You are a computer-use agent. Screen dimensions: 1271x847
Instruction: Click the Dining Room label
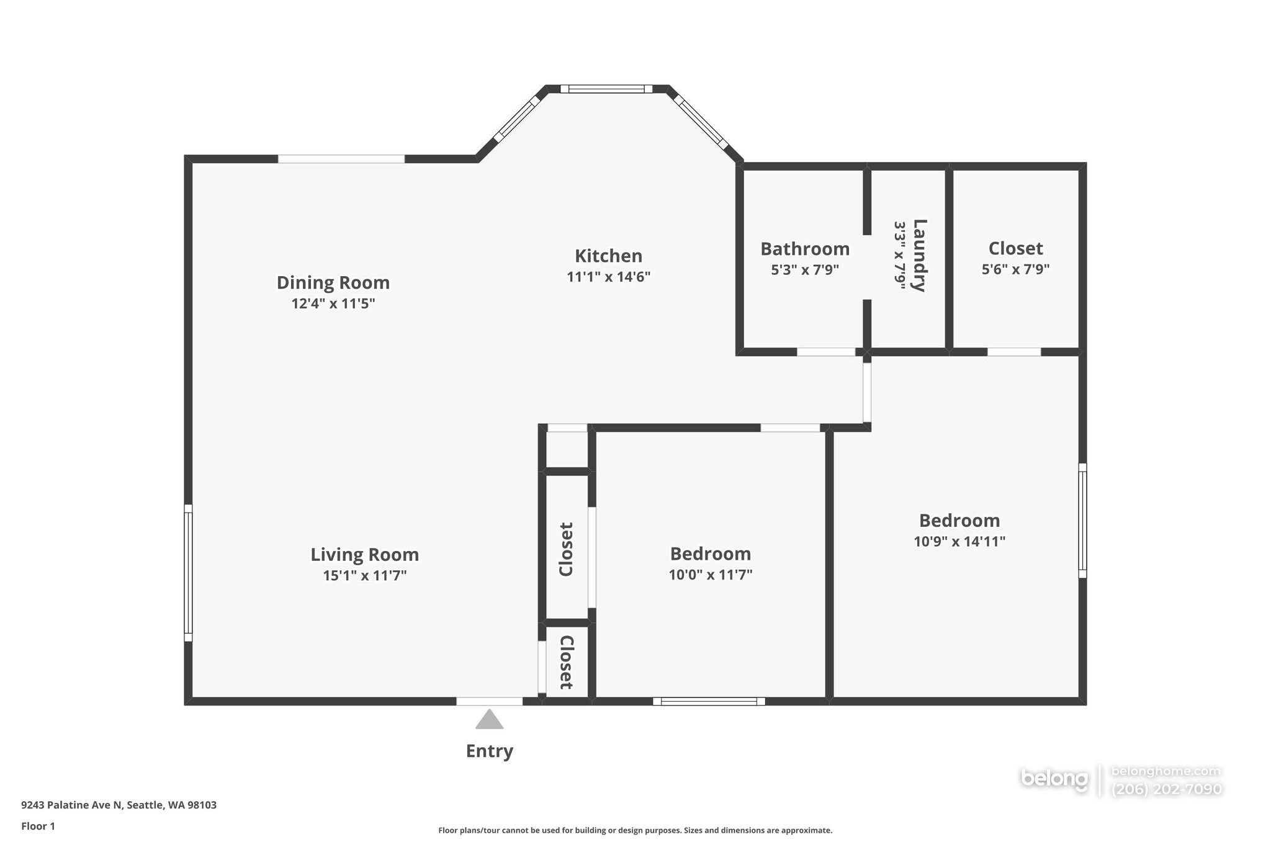333,283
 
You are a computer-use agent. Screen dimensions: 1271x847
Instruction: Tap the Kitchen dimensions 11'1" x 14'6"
608,277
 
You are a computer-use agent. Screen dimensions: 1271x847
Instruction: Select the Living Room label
365,555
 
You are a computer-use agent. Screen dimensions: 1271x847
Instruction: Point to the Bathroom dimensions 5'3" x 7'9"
805,270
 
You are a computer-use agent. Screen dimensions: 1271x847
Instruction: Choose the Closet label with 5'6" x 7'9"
1015,248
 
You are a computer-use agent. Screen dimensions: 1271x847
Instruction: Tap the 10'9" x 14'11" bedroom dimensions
959,542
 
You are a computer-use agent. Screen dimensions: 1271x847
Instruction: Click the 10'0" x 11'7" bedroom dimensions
711,575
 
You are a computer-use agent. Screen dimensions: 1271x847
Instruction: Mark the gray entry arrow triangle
490,719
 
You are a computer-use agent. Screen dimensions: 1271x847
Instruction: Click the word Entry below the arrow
490,751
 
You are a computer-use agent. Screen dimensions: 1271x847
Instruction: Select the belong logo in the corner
1054,779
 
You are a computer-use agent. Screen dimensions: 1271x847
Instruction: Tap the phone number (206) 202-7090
1167,789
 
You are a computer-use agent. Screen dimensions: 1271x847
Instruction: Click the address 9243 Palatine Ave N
72,805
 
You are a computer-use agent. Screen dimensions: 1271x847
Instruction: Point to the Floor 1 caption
38,826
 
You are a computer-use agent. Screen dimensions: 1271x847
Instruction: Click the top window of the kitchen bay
606,89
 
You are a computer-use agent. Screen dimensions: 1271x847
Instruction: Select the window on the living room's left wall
188,573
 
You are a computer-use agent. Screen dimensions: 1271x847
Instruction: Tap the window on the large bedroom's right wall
1082,521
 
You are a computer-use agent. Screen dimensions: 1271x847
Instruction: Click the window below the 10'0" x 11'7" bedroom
709,701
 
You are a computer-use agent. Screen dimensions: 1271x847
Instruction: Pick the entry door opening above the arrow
490,701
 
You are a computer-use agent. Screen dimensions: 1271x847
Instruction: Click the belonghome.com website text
1166,771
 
